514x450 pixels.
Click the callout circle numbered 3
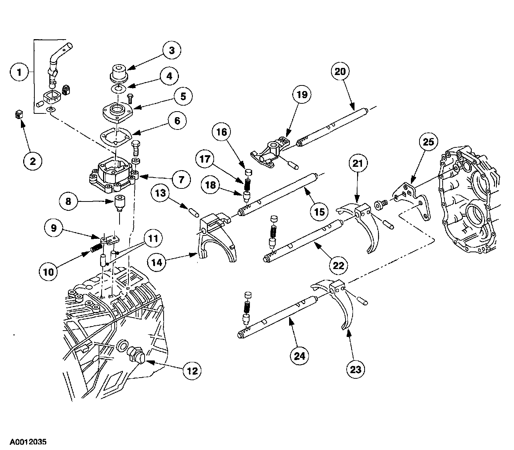pyautogui.click(x=171, y=50)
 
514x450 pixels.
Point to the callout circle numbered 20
pyautogui.click(x=340, y=71)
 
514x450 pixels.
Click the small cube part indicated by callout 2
pyautogui.click(x=18, y=115)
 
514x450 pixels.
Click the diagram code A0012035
pyautogui.click(x=28, y=442)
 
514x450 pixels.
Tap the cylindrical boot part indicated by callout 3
pyautogui.click(x=119, y=72)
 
